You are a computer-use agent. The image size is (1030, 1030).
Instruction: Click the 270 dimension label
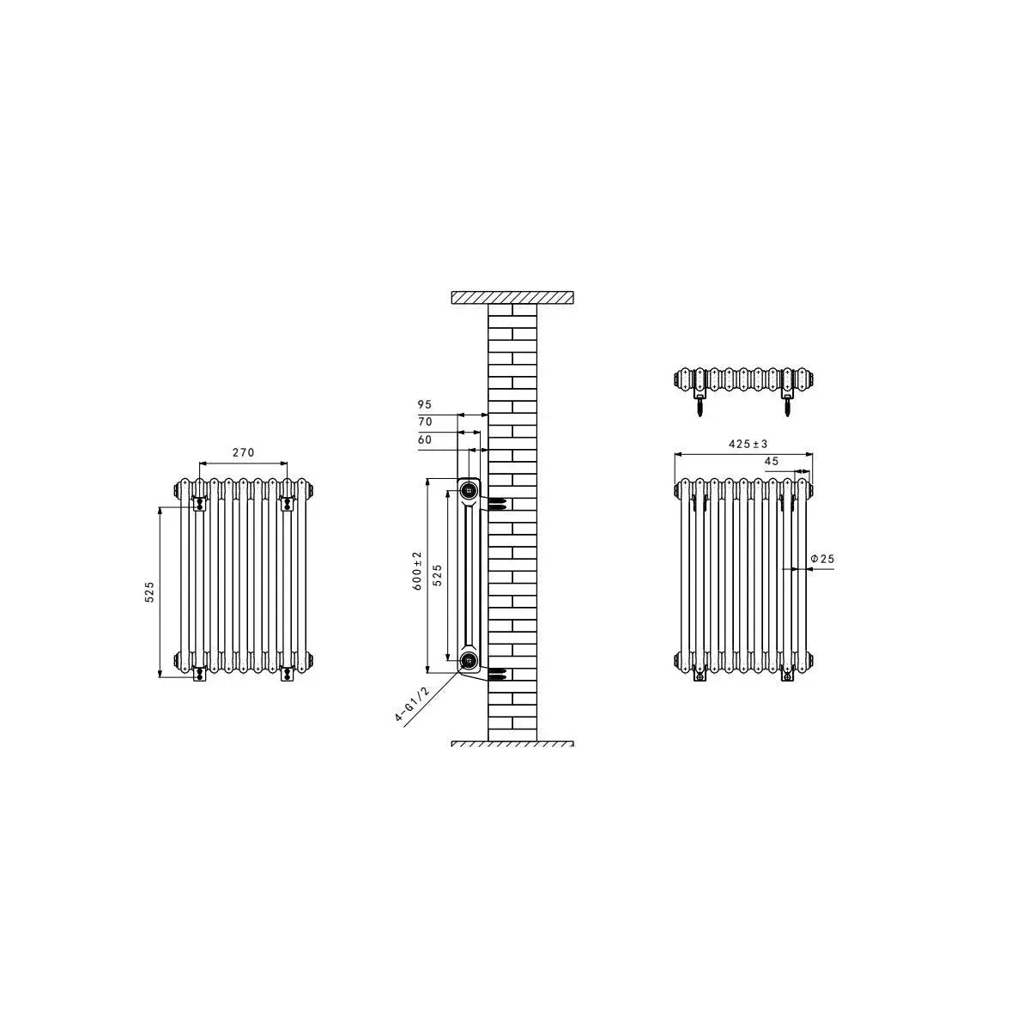point(243,452)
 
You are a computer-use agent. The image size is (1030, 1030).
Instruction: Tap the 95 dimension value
point(424,404)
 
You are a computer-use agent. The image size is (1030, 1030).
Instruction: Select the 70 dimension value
point(425,421)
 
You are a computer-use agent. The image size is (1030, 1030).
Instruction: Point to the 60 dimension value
point(424,439)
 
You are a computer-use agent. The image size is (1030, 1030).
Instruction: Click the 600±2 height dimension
point(417,571)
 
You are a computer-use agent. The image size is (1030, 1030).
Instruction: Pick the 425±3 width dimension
point(748,444)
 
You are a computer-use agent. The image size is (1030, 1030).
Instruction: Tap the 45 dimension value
point(772,461)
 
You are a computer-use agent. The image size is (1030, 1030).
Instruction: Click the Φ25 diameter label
point(822,559)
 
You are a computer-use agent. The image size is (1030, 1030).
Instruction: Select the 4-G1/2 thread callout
point(412,705)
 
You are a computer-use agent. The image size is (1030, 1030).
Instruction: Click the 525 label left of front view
point(149,592)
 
